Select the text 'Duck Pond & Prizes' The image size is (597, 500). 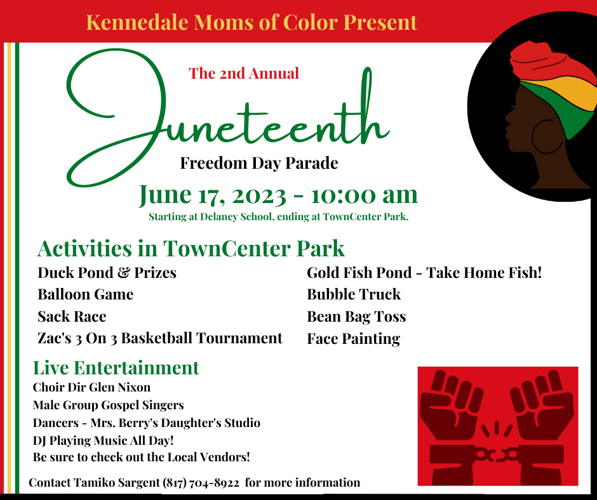(x=107, y=273)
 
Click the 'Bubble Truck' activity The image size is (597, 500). (x=354, y=294)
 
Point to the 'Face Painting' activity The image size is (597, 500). (x=353, y=339)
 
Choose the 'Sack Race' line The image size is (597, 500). (x=72, y=317)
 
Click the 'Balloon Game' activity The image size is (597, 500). (x=85, y=294)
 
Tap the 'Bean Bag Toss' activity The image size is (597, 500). (x=356, y=317)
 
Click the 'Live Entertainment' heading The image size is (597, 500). (x=116, y=368)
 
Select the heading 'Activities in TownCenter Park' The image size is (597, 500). (x=191, y=247)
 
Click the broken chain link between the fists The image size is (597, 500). (x=497, y=454)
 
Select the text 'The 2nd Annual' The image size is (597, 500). (x=244, y=74)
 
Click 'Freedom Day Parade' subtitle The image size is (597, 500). (x=259, y=164)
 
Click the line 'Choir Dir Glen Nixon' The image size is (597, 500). (x=91, y=387)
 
